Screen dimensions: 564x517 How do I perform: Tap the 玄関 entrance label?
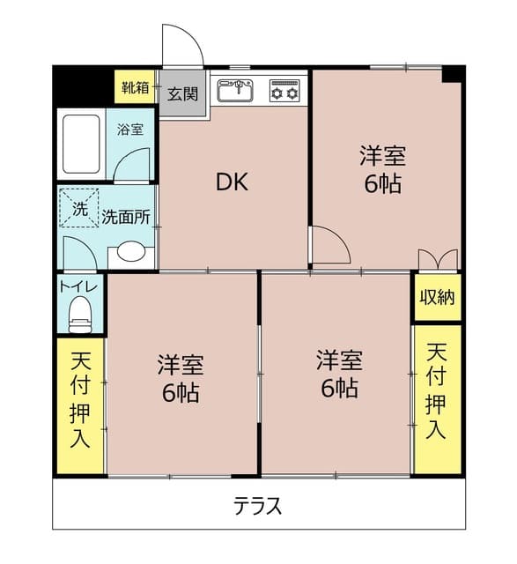pyautogui.click(x=183, y=94)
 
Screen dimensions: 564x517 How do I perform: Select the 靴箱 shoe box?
pyautogui.click(x=136, y=87)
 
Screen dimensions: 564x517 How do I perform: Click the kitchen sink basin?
pyautogui.click(x=234, y=91)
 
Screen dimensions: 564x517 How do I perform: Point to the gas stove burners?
pyautogui.click(x=285, y=91)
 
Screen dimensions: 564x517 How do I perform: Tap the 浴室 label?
pyautogui.click(x=130, y=130)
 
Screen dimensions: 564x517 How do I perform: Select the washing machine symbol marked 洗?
pyautogui.click(x=80, y=209)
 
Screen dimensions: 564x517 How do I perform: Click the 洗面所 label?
pyautogui.click(x=125, y=215)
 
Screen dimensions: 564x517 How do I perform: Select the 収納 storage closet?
pyautogui.click(x=437, y=297)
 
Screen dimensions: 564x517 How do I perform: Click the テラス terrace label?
pyautogui.click(x=257, y=506)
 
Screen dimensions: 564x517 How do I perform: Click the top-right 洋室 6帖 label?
pyautogui.click(x=381, y=170)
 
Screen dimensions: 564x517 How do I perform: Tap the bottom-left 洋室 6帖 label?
pyautogui.click(x=181, y=377)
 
